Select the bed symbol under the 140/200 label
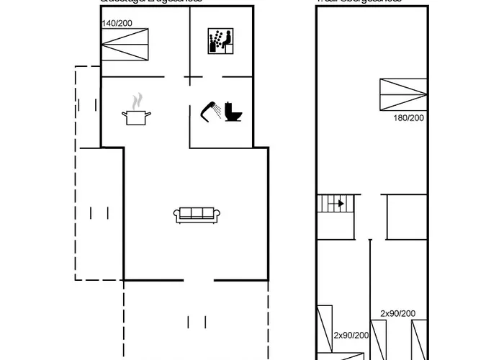coord(125,46)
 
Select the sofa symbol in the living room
coord(197,215)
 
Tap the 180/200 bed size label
coord(408,117)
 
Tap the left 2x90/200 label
coord(351,336)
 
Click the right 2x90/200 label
coord(397,313)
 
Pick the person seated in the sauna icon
coord(222,40)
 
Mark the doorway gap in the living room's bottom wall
coord(198,279)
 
